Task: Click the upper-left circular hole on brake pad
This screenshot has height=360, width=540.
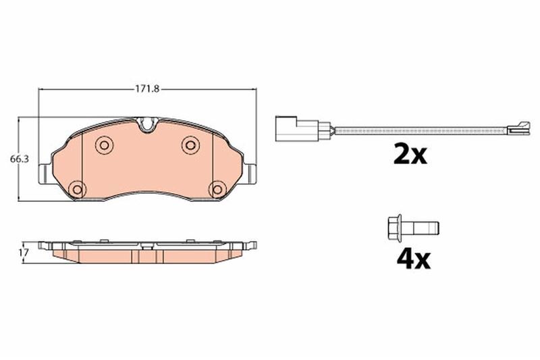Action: [x=103, y=145]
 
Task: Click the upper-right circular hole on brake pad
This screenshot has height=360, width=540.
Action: [x=190, y=145]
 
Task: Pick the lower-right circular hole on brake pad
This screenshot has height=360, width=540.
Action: [x=216, y=189]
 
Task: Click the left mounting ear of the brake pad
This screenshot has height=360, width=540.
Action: [x=43, y=173]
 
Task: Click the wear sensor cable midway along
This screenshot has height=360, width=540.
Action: [x=418, y=129]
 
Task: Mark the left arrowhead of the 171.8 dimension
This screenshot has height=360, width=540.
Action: [x=41, y=89]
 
